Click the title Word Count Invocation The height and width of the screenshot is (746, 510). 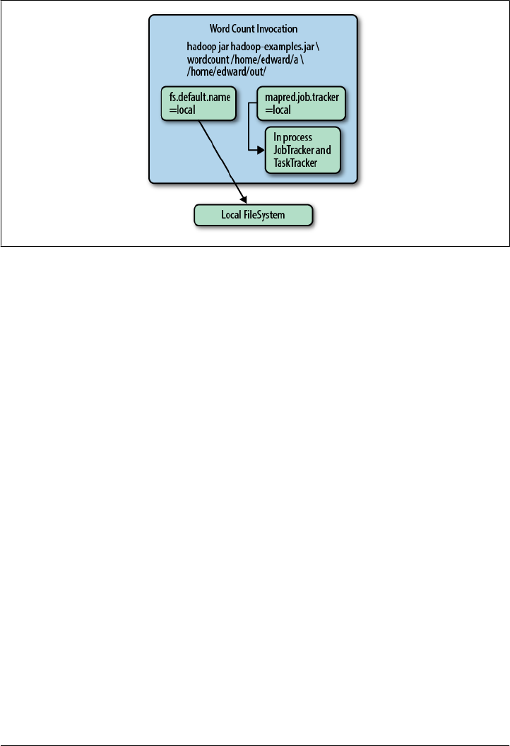pos(253,29)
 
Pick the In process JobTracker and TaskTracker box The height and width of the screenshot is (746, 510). pos(302,150)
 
